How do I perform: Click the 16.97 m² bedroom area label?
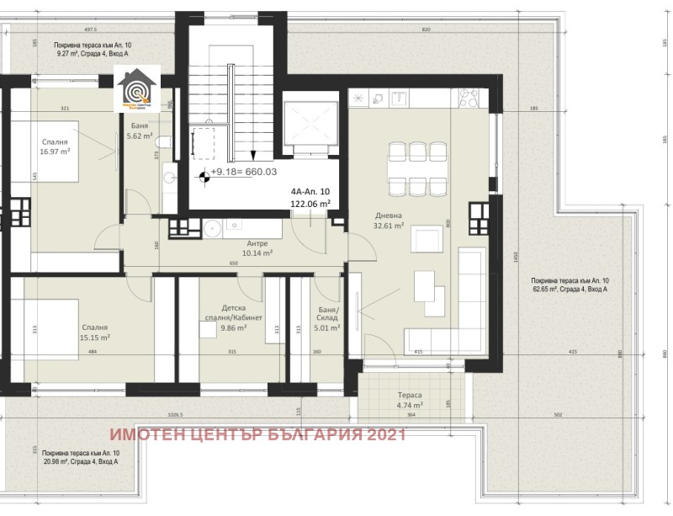(54, 147)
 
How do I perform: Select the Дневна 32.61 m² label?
(389, 220)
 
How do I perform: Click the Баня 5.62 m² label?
(139, 130)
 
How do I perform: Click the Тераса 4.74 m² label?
(410, 400)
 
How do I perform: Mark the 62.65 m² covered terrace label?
(569, 285)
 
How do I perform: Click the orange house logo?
(134, 90)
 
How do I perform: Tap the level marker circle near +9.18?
(203, 177)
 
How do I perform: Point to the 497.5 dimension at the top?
(91, 29)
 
